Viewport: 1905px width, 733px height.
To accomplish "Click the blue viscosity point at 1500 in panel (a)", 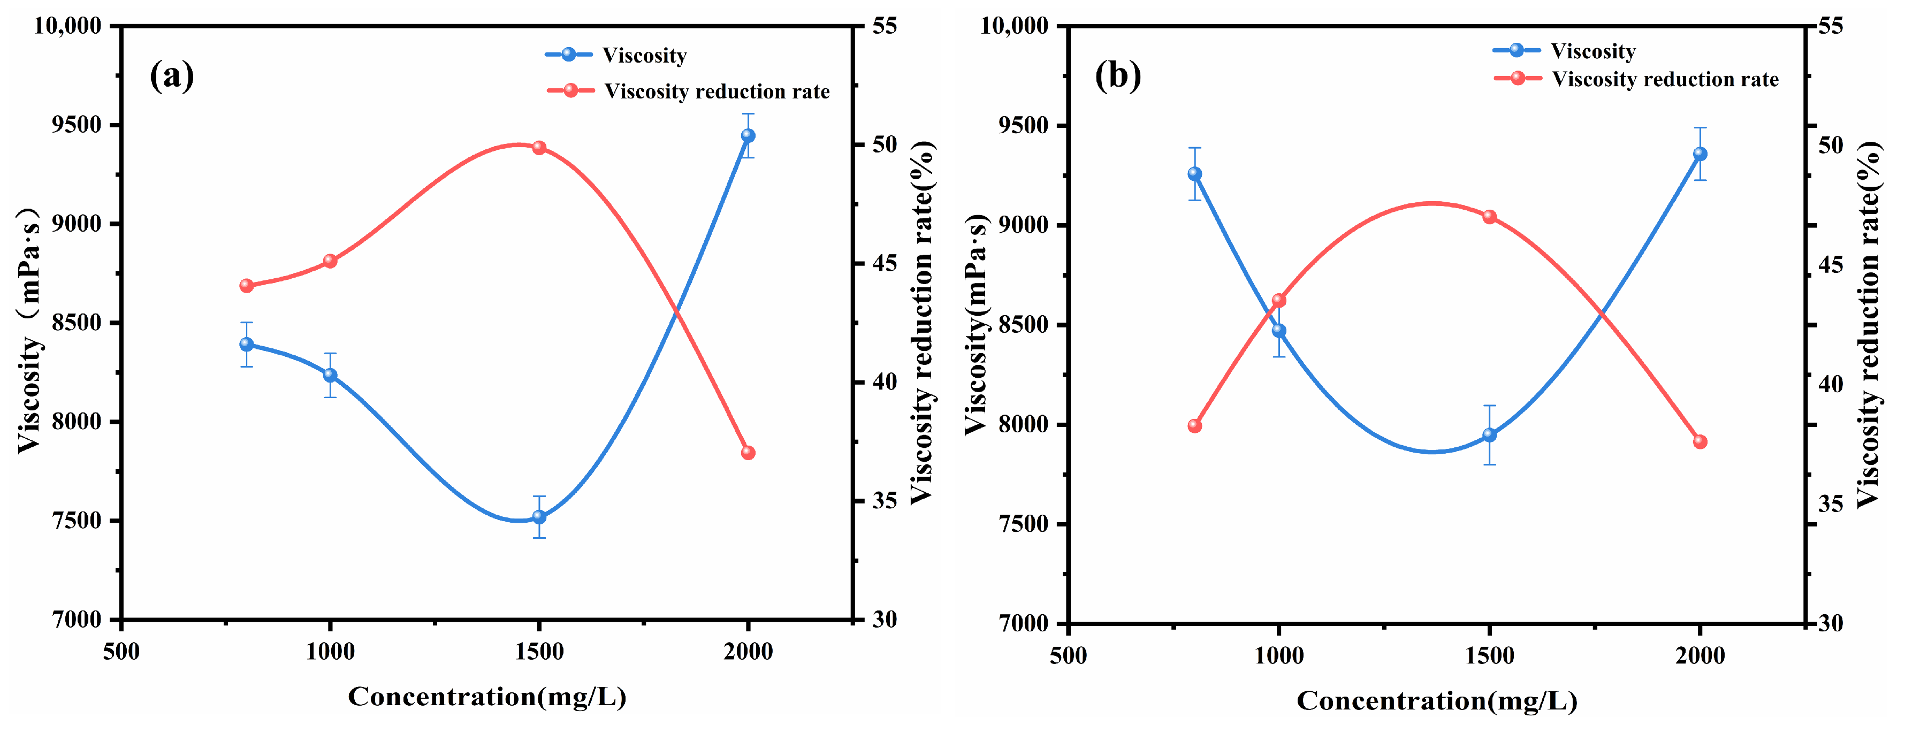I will [539, 517].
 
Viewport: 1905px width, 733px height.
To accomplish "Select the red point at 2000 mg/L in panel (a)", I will [748, 453].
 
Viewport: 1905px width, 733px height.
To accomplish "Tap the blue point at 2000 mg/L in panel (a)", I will [748, 135].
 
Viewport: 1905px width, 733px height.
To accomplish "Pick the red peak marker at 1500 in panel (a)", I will [539, 148].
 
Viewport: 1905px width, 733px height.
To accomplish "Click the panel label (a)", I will [172, 75].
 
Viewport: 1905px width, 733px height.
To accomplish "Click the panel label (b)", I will [1117, 75].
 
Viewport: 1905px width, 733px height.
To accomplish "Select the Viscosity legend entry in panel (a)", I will [643, 55].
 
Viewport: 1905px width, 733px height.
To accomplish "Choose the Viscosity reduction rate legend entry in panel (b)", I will [1664, 79].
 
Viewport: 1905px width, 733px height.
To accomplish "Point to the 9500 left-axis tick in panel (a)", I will [76, 124].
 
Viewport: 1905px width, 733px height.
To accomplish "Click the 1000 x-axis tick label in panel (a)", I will [330, 652].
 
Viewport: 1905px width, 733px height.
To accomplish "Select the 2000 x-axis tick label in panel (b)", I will [1700, 655].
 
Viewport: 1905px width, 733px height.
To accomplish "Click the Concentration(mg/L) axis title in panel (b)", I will [1436, 700].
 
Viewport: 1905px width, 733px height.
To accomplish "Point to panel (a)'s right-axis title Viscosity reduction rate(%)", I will [921, 323].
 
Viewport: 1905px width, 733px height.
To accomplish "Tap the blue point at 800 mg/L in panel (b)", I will [1194, 174].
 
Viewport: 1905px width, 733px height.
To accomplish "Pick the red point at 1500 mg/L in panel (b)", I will [1489, 217].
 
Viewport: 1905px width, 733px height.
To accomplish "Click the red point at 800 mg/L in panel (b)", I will [1194, 426].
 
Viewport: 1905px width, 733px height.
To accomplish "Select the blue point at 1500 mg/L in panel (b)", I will [1489, 435].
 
